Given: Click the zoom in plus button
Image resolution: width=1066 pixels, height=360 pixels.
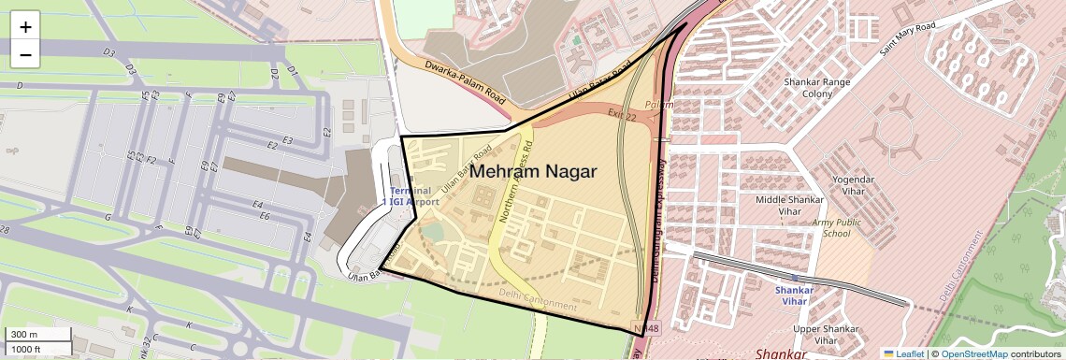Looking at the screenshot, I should coord(25,27).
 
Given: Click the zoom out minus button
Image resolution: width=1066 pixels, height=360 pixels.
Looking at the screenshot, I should coord(25,55).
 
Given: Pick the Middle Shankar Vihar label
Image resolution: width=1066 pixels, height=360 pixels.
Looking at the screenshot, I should coord(789,206).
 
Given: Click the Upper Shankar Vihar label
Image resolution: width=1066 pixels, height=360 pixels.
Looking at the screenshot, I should coord(826,335).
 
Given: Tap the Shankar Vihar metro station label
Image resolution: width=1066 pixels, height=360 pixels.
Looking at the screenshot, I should coord(795,295).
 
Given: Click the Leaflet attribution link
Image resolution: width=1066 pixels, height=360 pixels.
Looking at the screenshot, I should coord(903,353).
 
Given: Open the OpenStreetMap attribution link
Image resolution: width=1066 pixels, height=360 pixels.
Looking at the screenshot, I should coord(973,353).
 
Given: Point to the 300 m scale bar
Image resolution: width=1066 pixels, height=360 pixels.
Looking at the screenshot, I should coord(36,334).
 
